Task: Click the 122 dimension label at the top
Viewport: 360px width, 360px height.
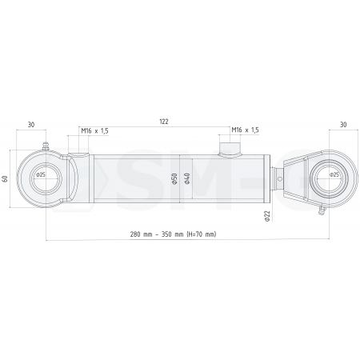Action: pyautogui.click(x=163, y=121)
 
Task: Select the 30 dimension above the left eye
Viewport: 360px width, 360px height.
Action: pyautogui.click(x=30, y=124)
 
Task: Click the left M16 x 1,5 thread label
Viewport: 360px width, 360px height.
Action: pyautogui.click(x=95, y=130)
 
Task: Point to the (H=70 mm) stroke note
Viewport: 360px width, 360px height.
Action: pyautogui.click(x=200, y=234)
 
